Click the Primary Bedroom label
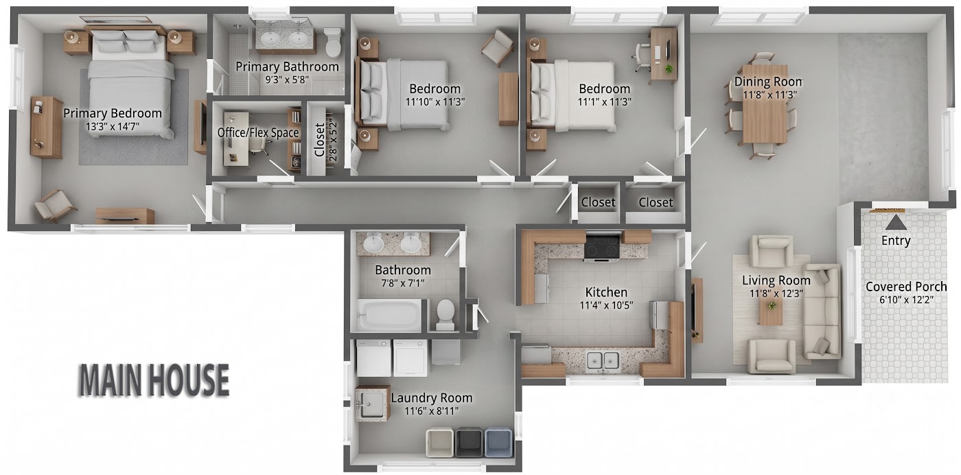tap(113, 114)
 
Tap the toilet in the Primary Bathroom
tap(332, 42)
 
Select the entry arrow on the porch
tap(896, 222)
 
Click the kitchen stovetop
tap(602, 246)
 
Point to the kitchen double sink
tap(603, 360)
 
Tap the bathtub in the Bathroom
tap(390, 315)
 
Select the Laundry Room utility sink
tap(372, 404)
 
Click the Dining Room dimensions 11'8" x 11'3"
tap(769, 95)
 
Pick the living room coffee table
tap(772, 311)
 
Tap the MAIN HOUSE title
tap(154, 380)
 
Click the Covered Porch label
tap(906, 287)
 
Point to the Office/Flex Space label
tap(258, 133)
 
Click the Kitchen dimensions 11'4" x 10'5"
tap(606, 305)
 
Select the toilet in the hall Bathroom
tap(445, 314)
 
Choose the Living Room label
tap(776, 280)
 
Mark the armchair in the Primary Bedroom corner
tap(55, 205)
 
